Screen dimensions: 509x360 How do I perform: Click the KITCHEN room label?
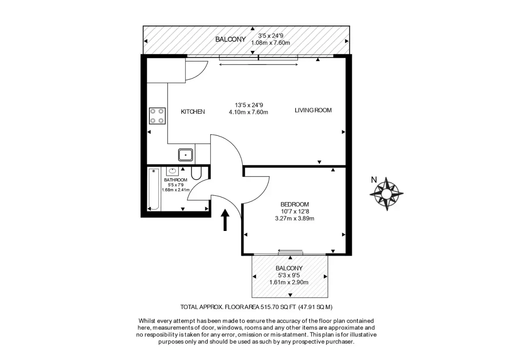tap(193, 112)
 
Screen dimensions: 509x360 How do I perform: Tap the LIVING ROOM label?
tap(313, 110)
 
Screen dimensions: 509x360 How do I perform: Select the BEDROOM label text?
tap(294, 204)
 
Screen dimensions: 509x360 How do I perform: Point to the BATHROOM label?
tap(176, 180)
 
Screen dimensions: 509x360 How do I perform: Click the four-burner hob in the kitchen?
tap(157, 116)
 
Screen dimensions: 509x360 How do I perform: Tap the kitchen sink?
tap(185, 155)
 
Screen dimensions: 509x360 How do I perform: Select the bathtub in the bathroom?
tap(154, 189)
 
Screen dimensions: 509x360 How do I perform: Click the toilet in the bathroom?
tap(196, 173)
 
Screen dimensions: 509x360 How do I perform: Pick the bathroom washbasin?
tap(172, 171)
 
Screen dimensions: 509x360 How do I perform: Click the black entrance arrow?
tap(225, 220)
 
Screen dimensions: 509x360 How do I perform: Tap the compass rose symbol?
tap(386, 194)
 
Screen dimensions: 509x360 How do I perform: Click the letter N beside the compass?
tap(374, 180)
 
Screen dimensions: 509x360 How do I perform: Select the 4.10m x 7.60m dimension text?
tap(249, 112)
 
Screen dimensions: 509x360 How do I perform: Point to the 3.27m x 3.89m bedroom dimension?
tap(294, 219)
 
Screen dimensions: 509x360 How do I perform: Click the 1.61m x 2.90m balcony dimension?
tap(289, 282)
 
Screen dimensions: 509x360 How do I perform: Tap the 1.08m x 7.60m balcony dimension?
tap(271, 43)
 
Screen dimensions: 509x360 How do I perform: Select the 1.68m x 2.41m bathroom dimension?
tap(176, 190)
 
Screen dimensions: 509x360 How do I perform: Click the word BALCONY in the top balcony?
tap(230, 39)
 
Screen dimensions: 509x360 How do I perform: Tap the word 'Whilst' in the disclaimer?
tap(147, 321)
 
